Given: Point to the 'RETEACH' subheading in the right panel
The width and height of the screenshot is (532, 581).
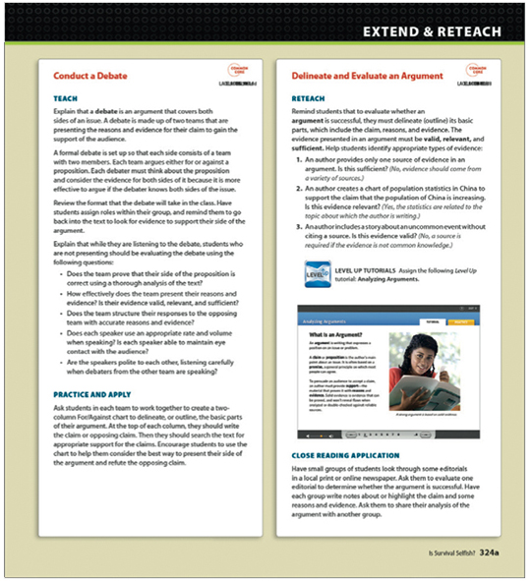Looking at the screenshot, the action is (311, 99).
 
